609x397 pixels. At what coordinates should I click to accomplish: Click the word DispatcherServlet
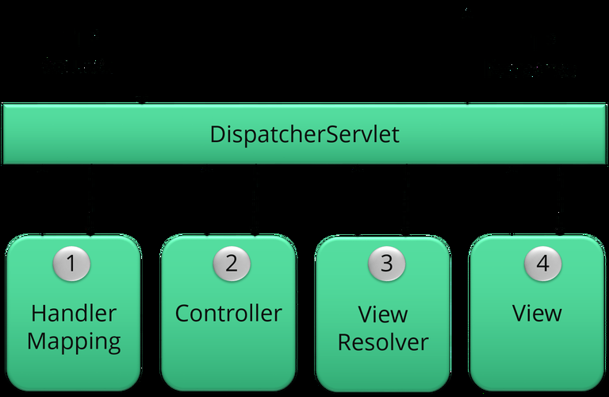tap(304, 134)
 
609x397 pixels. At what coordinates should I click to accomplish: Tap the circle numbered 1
tap(71, 263)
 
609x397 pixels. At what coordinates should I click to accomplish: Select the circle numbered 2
tap(231, 263)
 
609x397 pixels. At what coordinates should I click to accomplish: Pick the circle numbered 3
tap(386, 263)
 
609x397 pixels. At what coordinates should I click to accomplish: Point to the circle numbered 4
tap(542, 263)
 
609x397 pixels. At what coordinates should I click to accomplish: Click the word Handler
tap(73, 313)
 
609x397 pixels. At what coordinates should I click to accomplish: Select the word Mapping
tap(73, 342)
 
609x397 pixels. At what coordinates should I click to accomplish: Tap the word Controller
tap(228, 313)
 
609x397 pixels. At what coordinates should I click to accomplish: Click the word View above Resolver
tap(383, 314)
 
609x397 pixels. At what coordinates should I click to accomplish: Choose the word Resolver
tap(383, 342)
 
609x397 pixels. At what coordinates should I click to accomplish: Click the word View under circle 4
tap(537, 313)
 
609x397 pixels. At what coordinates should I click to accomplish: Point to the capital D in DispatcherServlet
tap(218, 134)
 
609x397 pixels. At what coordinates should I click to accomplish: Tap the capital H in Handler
tap(37, 313)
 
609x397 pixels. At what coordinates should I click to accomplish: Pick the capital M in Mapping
tap(36, 341)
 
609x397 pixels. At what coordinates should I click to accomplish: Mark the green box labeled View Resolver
tap(383, 369)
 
